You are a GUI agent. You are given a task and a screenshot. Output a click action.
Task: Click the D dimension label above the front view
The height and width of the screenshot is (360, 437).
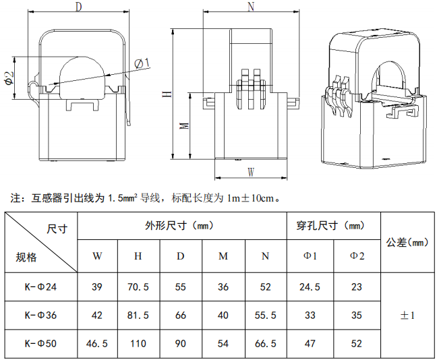click(79, 7)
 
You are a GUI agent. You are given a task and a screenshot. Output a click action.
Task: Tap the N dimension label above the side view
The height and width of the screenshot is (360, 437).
click(251, 7)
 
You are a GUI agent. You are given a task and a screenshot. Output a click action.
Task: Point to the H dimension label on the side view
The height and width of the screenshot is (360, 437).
click(167, 94)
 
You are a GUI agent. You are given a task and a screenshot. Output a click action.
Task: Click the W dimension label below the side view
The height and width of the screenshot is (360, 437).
click(251, 172)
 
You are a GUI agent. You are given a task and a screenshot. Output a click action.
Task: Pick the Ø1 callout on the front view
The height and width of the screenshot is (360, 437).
click(142, 64)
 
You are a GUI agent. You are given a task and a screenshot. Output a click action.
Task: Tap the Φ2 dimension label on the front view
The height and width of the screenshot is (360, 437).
click(9, 78)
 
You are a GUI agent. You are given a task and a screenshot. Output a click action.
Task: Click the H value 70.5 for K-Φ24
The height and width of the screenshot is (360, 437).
click(138, 287)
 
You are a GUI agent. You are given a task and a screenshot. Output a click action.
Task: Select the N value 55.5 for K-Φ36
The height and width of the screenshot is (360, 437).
click(265, 315)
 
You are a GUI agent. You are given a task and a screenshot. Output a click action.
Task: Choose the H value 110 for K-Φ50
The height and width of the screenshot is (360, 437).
click(138, 344)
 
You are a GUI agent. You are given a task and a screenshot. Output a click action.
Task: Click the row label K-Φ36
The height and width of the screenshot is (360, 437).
click(40, 315)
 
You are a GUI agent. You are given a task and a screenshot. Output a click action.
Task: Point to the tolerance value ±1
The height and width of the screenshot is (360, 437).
click(407, 315)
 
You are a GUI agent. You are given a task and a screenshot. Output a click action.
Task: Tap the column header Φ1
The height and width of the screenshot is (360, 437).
click(310, 256)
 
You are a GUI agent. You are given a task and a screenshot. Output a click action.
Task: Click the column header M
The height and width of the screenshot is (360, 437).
click(223, 256)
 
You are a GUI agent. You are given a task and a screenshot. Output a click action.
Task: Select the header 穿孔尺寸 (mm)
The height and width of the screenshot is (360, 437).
click(330, 226)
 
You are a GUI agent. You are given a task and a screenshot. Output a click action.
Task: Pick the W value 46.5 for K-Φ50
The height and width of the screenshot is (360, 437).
click(97, 344)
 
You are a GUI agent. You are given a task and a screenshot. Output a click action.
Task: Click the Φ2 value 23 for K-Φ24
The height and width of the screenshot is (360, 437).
click(357, 287)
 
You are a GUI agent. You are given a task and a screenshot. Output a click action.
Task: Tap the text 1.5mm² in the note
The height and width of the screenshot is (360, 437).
click(122, 198)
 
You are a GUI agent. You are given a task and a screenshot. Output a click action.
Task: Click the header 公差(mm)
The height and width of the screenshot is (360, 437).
click(407, 243)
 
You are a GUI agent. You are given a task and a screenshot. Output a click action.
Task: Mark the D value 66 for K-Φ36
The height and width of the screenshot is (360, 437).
click(181, 315)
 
